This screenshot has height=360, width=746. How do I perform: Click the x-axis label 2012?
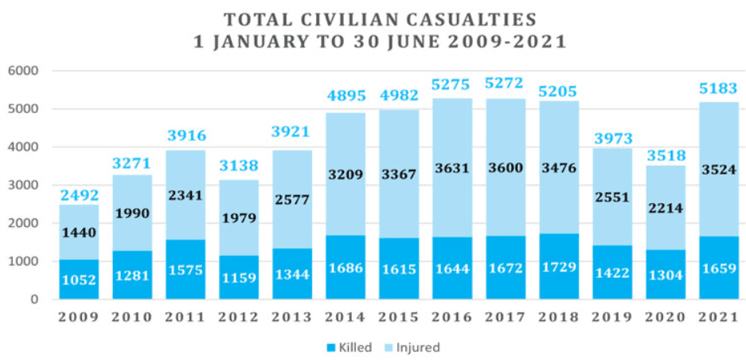click(x=238, y=318)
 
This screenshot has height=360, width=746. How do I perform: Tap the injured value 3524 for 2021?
click(x=718, y=170)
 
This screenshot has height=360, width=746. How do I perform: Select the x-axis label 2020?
click(x=665, y=318)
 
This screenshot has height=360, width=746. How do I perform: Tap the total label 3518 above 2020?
click(x=665, y=152)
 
